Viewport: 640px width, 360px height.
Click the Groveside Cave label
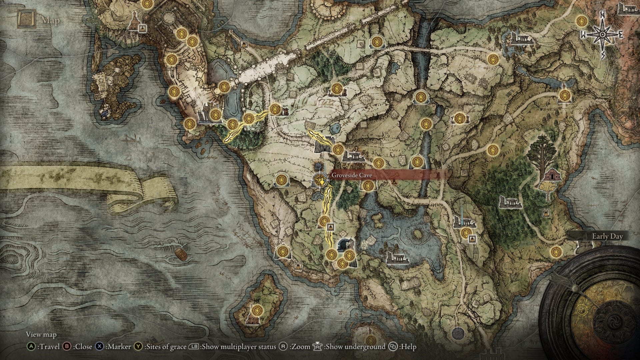click(x=352, y=175)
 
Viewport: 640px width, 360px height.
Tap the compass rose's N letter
click(x=602, y=15)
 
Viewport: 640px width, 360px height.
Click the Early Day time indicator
click(x=607, y=236)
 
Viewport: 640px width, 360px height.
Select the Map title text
click(x=51, y=21)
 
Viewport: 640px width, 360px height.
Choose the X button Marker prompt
click(x=113, y=347)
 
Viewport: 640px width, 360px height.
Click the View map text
click(x=41, y=334)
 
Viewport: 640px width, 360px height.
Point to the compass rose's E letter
click(x=621, y=35)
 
